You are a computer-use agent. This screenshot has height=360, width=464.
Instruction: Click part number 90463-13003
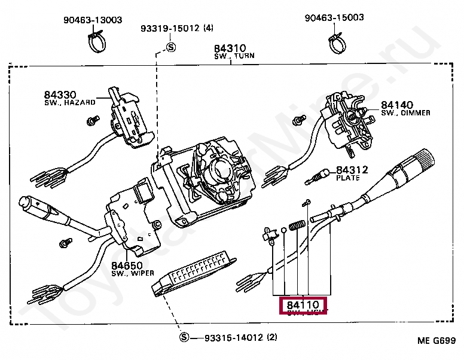point(93,20)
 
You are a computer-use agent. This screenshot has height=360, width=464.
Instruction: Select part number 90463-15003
point(334,17)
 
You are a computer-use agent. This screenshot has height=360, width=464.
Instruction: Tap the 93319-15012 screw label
point(171,28)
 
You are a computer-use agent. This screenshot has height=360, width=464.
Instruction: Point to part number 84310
point(230,48)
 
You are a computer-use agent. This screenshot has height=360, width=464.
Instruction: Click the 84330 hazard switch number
point(60,94)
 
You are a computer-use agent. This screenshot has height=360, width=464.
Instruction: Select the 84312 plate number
point(352,170)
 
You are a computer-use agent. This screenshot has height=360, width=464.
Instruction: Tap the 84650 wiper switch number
point(126,265)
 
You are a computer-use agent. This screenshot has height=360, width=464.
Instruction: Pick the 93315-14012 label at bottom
point(227,337)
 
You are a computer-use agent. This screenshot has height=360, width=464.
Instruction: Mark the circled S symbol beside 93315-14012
point(184,337)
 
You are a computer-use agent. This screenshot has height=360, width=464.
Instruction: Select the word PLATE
point(348,178)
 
